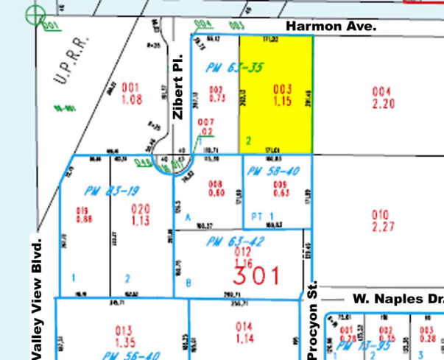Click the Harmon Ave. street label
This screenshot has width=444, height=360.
(x=331, y=26)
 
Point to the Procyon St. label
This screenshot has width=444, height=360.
(x=312, y=320)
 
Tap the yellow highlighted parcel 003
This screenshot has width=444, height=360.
(x=276, y=93)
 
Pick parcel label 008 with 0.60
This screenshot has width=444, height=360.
(x=216, y=188)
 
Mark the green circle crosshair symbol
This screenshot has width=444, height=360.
(x=34, y=13)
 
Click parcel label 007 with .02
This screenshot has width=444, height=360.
(x=206, y=127)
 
